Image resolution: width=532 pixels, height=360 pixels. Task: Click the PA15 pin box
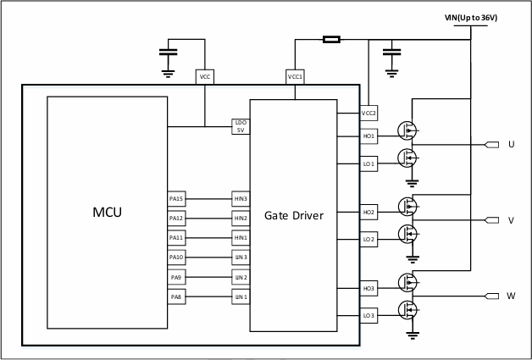(176, 199)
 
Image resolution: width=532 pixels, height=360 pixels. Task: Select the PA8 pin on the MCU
(176, 296)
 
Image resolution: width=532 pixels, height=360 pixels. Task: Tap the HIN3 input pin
(241, 199)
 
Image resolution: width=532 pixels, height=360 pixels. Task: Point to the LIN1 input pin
(241, 296)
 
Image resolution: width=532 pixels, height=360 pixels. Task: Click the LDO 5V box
(241, 126)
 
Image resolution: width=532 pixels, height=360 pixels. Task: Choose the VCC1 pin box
(295, 77)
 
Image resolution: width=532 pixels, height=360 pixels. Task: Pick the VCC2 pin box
(369, 113)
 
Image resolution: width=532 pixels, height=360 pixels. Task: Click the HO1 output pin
(369, 136)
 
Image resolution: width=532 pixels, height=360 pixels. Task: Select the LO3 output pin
(369, 316)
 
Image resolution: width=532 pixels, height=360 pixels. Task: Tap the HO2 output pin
(369, 213)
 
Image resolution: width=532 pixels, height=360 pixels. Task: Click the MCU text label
(108, 213)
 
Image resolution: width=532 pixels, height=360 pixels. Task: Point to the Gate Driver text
(294, 215)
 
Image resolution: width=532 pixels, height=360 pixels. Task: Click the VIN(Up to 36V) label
(471, 18)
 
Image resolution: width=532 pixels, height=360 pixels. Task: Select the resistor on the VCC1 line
(331, 39)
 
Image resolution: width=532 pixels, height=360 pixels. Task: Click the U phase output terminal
(491, 145)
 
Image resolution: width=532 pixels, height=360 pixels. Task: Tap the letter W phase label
(511, 296)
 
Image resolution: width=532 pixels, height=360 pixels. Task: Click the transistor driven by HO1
(407, 130)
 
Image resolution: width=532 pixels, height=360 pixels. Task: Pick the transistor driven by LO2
(407, 234)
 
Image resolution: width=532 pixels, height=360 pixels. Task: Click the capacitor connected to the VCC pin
(168, 52)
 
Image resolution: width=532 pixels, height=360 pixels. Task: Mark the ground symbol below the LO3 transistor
(413, 335)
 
